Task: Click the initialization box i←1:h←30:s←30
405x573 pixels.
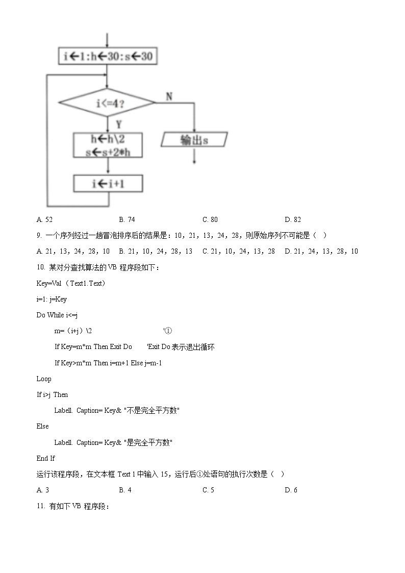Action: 108,57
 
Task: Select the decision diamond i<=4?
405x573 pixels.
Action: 107,103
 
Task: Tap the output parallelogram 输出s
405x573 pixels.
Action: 194,140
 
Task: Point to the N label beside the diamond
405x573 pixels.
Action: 169,96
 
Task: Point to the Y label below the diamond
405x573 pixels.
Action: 118,124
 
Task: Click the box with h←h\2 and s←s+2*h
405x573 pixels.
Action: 108,145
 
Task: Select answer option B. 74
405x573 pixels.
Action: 127,219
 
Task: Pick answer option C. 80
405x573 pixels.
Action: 210,219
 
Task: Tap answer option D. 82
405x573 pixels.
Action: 293,219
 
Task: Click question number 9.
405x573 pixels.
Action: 40,235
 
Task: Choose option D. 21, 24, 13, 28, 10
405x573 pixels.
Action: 321,251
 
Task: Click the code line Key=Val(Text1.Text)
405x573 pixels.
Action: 71,283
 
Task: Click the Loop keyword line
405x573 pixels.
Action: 44,379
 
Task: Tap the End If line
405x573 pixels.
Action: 46,458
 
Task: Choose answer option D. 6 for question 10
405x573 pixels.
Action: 291,490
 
